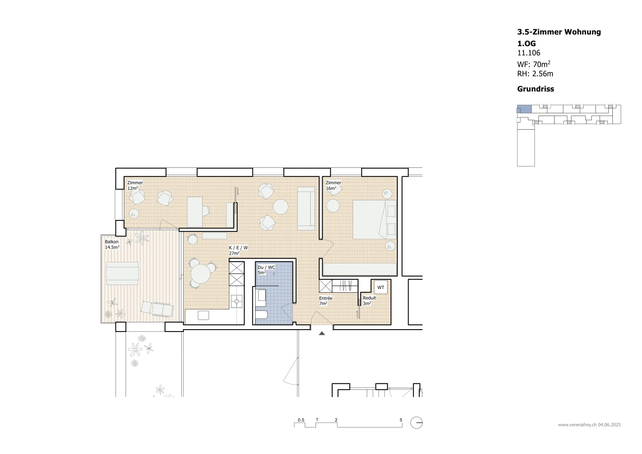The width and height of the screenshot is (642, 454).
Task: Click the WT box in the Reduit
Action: [x=381, y=287]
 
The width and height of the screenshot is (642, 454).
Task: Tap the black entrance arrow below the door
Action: [x=322, y=333]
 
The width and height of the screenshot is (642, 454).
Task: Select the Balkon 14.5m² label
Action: [x=112, y=244]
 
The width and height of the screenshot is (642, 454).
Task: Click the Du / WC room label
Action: [x=266, y=267]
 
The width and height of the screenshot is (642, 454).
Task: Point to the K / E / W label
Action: [x=238, y=248]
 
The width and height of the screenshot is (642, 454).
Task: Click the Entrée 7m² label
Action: [x=325, y=301]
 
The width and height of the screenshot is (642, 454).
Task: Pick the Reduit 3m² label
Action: [x=369, y=301]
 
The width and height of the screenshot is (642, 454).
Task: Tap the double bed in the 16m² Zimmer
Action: [x=374, y=220]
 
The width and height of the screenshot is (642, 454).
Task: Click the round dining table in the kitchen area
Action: [x=200, y=274]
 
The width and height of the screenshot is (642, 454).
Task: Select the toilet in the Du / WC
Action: [x=261, y=315]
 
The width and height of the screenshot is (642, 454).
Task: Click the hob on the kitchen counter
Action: [x=237, y=301]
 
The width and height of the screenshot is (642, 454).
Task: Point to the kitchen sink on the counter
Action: [x=203, y=316]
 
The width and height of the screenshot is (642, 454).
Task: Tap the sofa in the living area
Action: [x=306, y=208]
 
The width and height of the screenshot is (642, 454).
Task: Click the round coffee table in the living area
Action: [x=280, y=206]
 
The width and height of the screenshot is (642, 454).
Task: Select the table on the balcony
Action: [x=122, y=273]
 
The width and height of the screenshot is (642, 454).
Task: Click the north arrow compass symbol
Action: [x=416, y=423]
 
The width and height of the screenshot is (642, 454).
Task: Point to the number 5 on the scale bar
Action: [x=401, y=420]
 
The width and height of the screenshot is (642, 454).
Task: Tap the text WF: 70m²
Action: [x=534, y=64]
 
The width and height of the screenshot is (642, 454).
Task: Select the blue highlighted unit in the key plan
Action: [x=524, y=109]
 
